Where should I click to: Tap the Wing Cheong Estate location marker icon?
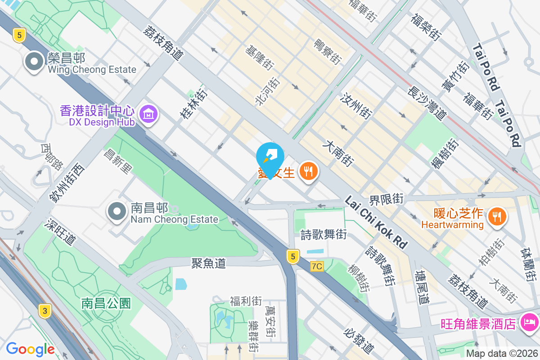pos(35,62)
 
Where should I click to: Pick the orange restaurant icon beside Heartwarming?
pos(496,217)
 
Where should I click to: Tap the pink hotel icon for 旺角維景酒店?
pos(530,323)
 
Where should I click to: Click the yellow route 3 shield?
pos(44,310)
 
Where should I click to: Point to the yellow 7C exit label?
pos(317,266)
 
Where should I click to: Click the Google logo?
pos(30,349)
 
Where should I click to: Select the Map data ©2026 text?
pos(501,353)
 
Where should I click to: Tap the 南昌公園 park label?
pos(106,303)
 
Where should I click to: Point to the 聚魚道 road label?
pos(208,263)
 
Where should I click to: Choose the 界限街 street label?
pos(386,198)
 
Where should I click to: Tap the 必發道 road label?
pos(359,341)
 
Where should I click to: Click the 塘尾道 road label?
pos(423,288)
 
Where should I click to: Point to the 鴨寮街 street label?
pos(327,51)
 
